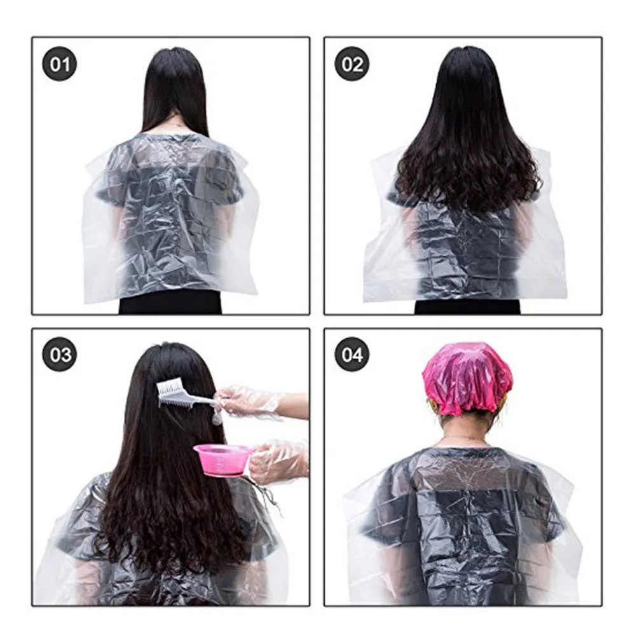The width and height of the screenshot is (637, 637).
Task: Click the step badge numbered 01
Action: click(x=59, y=65)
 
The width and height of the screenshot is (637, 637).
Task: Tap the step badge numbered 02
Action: click(x=352, y=65)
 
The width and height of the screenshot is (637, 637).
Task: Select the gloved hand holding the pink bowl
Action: click(x=277, y=461)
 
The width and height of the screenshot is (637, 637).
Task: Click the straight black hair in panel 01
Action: click(x=175, y=89)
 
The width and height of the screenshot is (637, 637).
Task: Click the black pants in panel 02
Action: click(x=467, y=306)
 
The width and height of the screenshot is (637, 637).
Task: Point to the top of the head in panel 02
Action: click(x=467, y=54)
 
